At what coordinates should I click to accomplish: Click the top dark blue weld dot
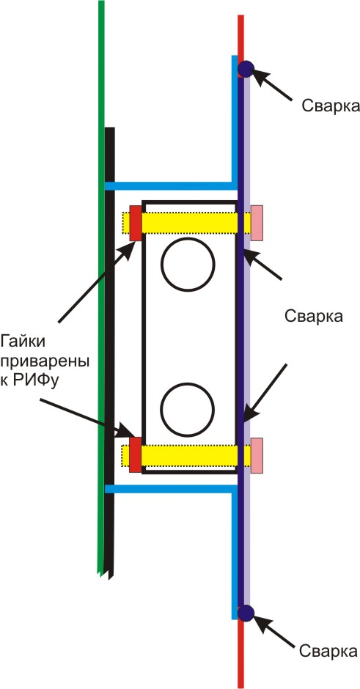pos(246,69)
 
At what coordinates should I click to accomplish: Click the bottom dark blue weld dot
pos(246,613)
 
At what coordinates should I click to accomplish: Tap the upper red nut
pos(136,223)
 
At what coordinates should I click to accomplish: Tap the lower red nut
pos(136,454)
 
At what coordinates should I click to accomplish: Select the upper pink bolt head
pos(257,223)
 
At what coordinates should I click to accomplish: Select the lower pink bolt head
pos(257,455)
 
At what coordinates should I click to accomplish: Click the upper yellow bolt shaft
pos(187,223)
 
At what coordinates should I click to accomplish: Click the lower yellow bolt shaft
pos(187,456)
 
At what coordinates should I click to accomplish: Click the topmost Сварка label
pos(331,106)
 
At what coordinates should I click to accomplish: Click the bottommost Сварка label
pos(328,651)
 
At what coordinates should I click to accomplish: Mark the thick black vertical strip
pos(109,352)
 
